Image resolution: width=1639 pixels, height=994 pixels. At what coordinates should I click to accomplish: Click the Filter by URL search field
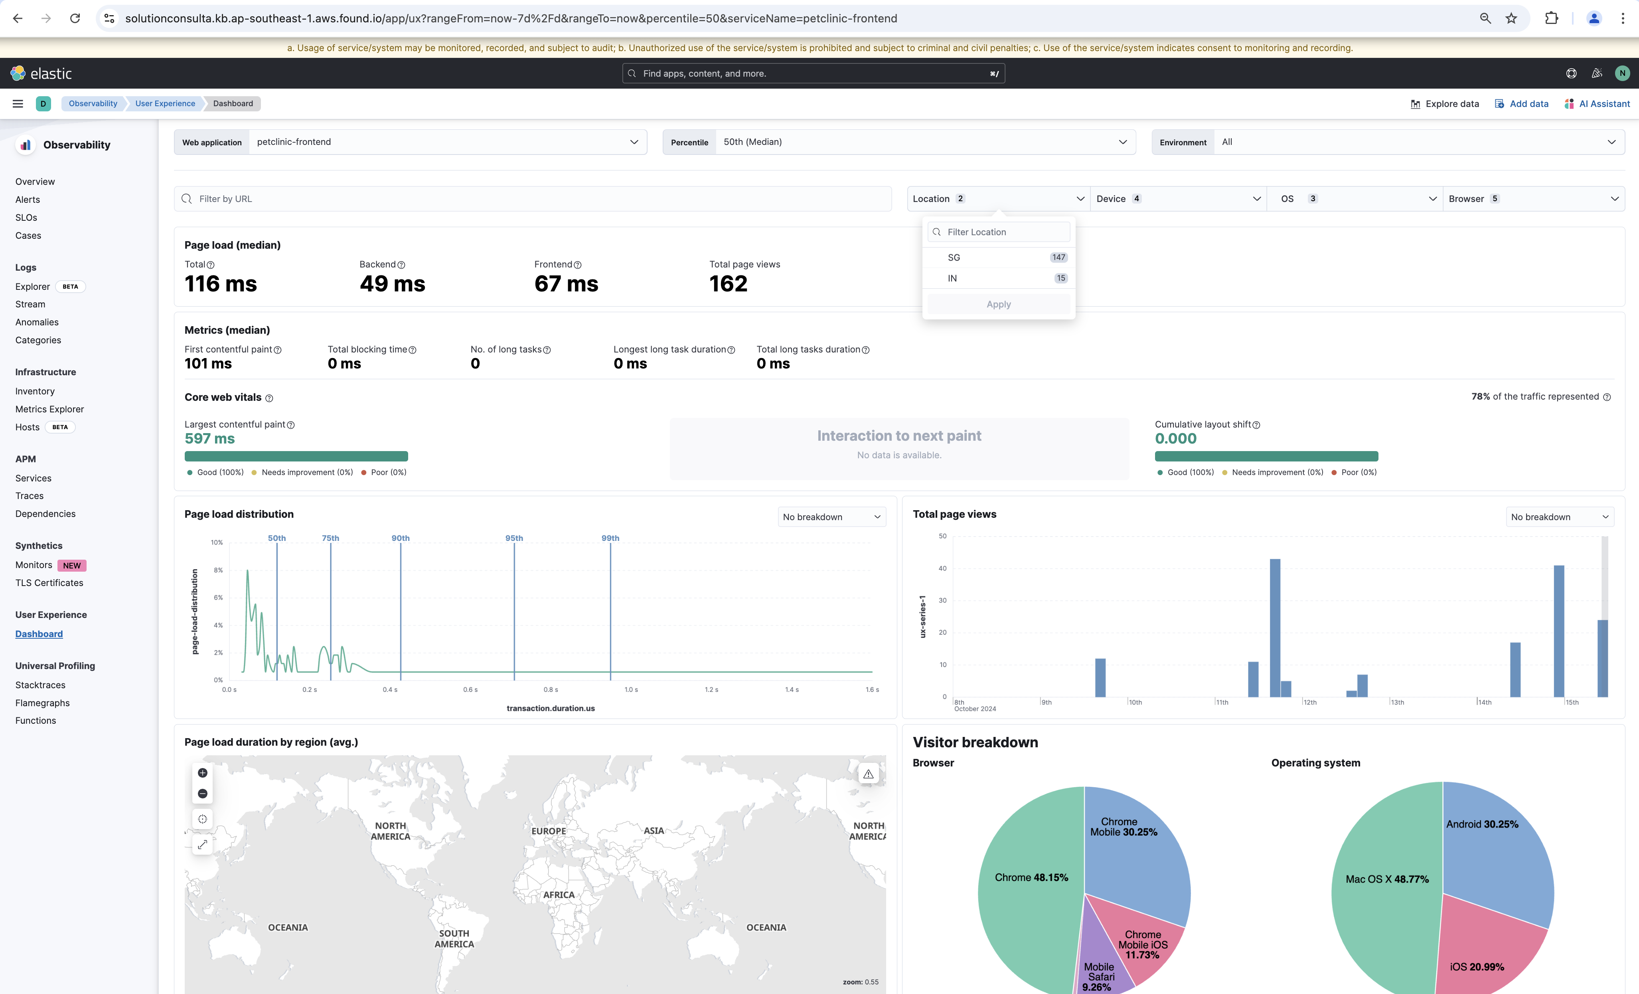coord(532,199)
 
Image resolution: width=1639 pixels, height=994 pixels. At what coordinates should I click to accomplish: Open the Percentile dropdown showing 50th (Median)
coord(924,142)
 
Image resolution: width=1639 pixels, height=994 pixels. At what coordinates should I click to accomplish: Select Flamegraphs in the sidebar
coord(43,703)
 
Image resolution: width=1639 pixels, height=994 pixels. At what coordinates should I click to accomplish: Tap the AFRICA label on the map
coord(559,895)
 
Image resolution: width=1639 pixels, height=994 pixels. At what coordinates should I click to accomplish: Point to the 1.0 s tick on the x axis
coord(631,690)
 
